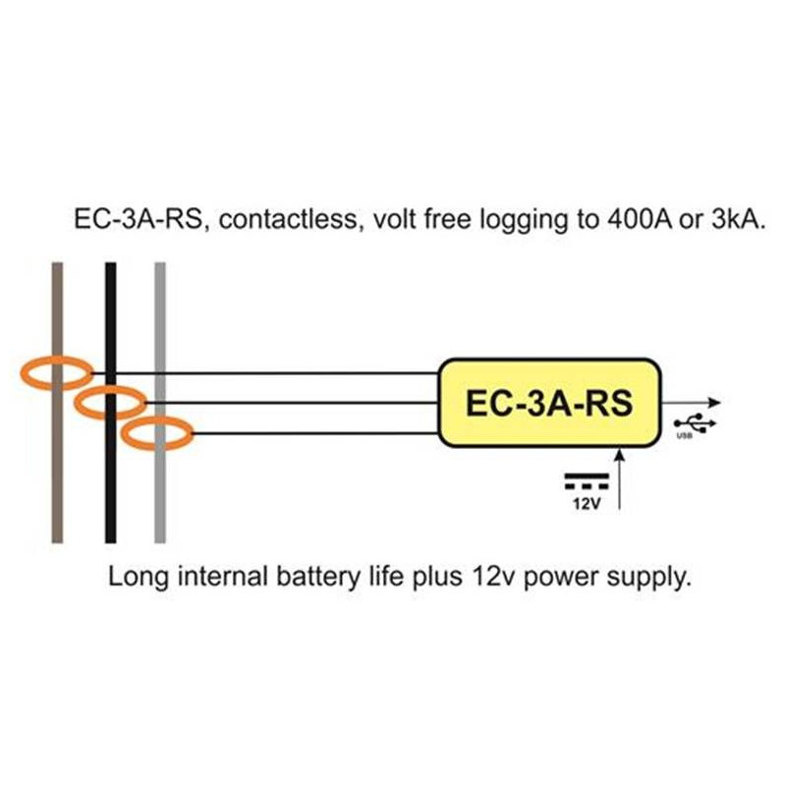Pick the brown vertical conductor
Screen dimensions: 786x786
click(x=58, y=472)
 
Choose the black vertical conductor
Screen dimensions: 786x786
click(x=111, y=481)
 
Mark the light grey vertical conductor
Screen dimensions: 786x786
click(x=160, y=491)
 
